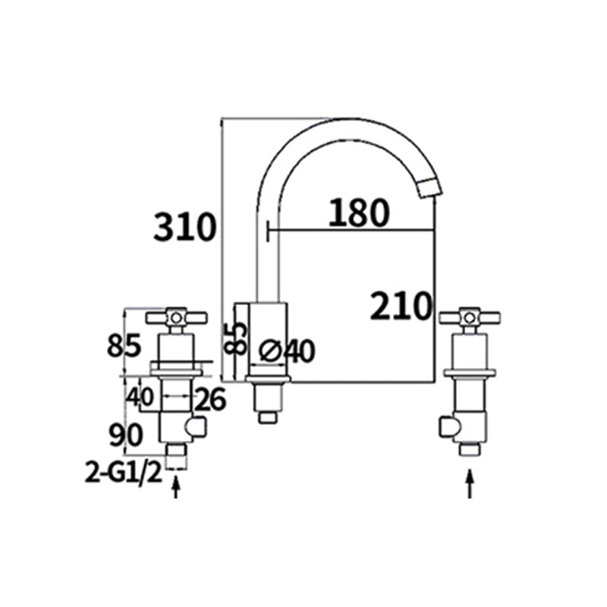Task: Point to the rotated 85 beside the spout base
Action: tap(236, 338)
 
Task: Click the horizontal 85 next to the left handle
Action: tap(124, 347)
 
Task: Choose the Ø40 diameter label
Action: tap(286, 351)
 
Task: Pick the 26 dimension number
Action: tap(210, 399)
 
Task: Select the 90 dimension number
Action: tap(125, 435)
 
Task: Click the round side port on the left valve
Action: tap(200, 429)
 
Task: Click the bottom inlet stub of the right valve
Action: tap(470, 449)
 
